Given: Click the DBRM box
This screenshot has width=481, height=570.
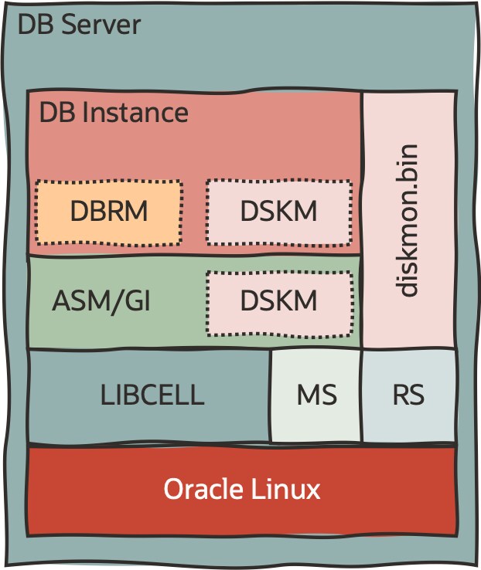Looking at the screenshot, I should coord(108,212).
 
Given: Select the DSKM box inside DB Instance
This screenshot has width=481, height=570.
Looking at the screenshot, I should coord(279,212).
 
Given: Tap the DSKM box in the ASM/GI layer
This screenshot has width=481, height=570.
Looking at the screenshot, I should coord(279,301).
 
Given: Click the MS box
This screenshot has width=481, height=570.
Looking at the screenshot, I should coord(316,395).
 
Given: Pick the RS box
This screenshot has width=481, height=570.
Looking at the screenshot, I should coord(408,395).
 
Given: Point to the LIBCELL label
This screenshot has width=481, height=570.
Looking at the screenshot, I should coord(152,395).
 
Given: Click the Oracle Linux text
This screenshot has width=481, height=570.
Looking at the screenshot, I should coord(241,490).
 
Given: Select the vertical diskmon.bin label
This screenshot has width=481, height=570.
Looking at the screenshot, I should coord(408,219).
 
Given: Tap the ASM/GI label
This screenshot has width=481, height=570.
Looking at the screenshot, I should coord(101,301).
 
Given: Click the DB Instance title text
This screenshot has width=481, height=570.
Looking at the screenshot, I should coord(114,113).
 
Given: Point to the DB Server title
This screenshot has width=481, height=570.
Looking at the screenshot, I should coord(79,25).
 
